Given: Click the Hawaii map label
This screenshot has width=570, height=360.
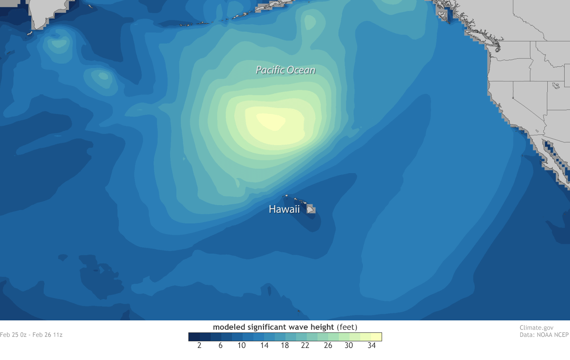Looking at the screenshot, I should pyautogui.click(x=284, y=209).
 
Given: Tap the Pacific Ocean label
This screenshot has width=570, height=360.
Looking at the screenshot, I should pyautogui.click(x=285, y=70).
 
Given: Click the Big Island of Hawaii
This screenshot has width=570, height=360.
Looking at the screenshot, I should pyautogui.click(x=311, y=209).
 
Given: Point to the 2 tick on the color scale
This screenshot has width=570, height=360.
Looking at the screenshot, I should pyautogui.click(x=199, y=346).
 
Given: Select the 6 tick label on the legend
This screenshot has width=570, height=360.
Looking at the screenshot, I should pyautogui.click(x=220, y=346).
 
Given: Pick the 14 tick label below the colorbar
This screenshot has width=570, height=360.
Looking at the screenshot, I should pyautogui.click(x=264, y=346).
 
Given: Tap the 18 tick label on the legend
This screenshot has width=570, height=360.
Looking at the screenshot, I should pyautogui.click(x=285, y=346).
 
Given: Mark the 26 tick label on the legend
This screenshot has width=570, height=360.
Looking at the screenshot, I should pyautogui.click(x=328, y=346).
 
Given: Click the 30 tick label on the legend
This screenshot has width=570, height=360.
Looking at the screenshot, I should pyautogui.click(x=350, y=346).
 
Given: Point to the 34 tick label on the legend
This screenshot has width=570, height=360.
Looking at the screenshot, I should pyautogui.click(x=371, y=346).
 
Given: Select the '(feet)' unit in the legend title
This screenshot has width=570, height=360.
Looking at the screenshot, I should pyautogui.click(x=347, y=328).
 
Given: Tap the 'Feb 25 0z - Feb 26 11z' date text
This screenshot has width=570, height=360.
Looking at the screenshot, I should pyautogui.click(x=31, y=335).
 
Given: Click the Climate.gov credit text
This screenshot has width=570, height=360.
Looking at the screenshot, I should pyautogui.click(x=536, y=328).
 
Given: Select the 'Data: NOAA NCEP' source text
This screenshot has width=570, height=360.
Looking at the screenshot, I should pyautogui.click(x=544, y=335).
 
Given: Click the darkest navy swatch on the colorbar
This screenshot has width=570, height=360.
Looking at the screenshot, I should pyautogui.click(x=194, y=336).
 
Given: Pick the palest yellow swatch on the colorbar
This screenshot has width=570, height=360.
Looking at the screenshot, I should pyautogui.click(x=376, y=336).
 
